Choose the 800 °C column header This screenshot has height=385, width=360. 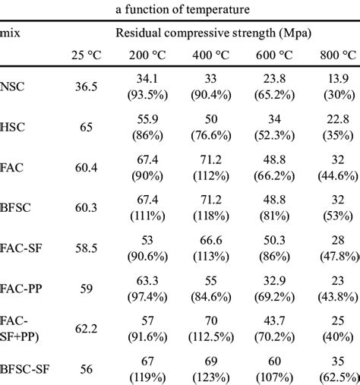pos(337,55)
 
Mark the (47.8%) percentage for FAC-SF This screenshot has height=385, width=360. pos(338,256)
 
